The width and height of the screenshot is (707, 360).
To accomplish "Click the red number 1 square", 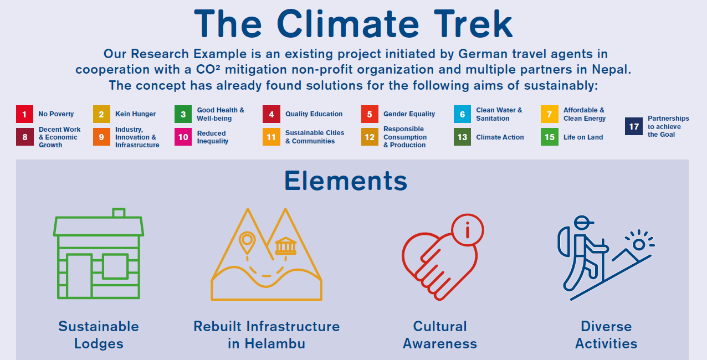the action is [24, 114].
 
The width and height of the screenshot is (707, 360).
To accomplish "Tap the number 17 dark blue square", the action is [634, 126].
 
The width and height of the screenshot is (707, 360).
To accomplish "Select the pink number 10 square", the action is [183, 137].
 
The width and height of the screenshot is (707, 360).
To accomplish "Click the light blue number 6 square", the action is [463, 114].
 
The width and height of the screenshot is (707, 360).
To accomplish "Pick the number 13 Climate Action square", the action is [463, 137].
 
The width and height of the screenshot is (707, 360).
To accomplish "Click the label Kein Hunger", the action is [135, 114].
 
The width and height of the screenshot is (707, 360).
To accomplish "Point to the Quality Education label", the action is [314, 114].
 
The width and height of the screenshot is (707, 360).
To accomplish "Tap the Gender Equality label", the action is [409, 114].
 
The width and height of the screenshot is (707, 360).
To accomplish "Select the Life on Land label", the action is [583, 137].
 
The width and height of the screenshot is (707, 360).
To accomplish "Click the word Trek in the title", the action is [473, 24].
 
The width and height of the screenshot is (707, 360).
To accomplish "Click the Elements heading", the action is [346, 181].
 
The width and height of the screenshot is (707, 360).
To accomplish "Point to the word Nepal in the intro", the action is [611, 69].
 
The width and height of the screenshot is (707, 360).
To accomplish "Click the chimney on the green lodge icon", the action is [119, 213].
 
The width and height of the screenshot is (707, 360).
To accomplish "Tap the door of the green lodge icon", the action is [79, 276].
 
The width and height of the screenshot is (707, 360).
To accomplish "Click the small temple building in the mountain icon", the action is [286, 246].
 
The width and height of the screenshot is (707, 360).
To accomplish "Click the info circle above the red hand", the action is [468, 230].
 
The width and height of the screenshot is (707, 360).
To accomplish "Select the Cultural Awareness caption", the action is [440, 335].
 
